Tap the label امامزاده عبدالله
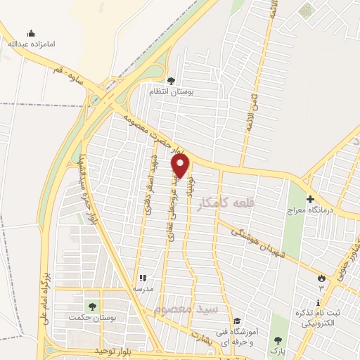31,44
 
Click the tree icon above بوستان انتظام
170,81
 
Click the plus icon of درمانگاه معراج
310,199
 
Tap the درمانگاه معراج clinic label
312,211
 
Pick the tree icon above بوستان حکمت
91,306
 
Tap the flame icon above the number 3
322,277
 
